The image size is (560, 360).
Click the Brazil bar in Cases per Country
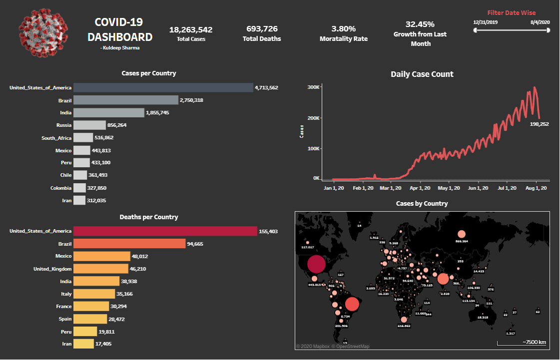[126, 100]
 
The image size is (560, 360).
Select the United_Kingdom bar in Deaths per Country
[101, 269]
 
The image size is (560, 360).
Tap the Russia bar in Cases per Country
[89, 125]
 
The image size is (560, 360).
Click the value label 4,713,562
[266, 87]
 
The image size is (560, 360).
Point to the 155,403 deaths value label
[268, 231]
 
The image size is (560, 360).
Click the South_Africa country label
[56, 138]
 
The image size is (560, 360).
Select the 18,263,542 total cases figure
[191, 29]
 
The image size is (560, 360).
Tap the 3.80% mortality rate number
[343, 29]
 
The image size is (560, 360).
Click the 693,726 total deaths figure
[262, 29]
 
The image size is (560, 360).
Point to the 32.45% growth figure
[420, 24]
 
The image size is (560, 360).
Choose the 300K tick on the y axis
[314, 87]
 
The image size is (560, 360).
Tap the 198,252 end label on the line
[540, 124]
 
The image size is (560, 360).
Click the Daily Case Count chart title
[422, 74]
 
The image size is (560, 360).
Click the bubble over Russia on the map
[461, 234]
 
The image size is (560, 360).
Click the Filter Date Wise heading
[512, 12]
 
